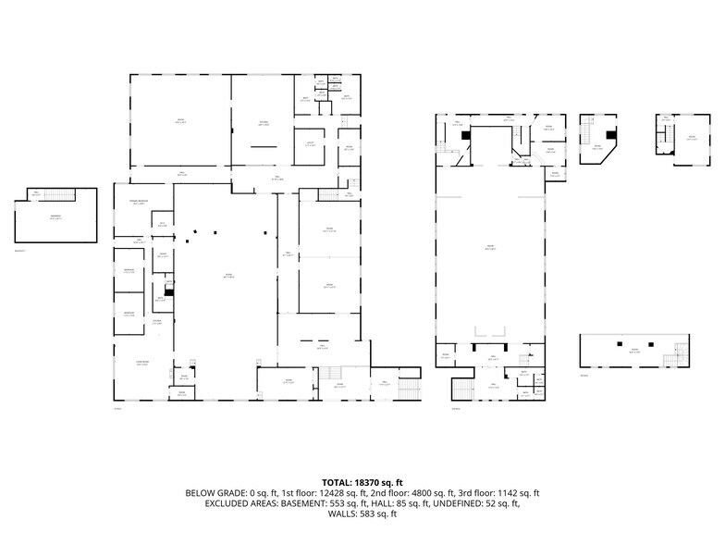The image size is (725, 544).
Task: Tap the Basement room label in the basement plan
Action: pos(55,218)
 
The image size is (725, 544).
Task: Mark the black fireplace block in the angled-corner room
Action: pos(610,135)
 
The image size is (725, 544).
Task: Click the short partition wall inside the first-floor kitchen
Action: pos(263,146)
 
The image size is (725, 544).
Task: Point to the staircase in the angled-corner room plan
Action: pos(585,134)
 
